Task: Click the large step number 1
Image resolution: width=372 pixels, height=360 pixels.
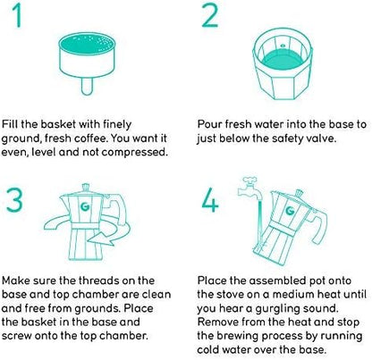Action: (x=18, y=15)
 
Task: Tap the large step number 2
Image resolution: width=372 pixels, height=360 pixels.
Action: (x=210, y=15)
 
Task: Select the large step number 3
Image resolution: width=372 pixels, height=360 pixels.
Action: (x=14, y=200)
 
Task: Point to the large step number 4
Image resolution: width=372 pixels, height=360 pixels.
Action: (x=210, y=200)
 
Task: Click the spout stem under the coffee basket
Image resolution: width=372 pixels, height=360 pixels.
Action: (x=87, y=86)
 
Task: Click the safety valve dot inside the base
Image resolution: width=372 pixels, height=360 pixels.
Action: (x=283, y=46)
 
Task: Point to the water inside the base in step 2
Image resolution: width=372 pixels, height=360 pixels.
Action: (x=283, y=61)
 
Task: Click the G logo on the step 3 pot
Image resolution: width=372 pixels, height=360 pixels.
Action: (x=85, y=206)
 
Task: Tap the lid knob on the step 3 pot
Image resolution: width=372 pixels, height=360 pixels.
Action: (x=86, y=188)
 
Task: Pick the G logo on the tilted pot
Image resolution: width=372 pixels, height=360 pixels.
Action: (x=290, y=211)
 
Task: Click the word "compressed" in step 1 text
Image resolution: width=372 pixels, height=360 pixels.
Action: (x=133, y=152)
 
